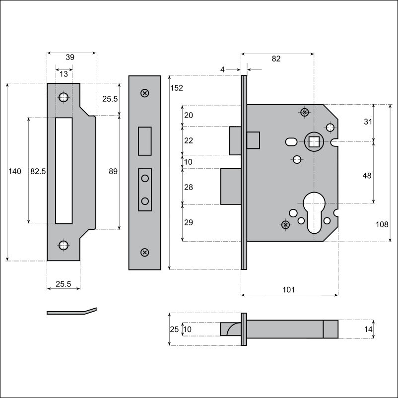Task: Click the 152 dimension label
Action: tap(176, 88)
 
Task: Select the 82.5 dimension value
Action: tap(38, 171)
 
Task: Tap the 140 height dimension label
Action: tap(15, 171)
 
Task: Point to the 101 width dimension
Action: tap(289, 290)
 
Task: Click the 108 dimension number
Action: tap(382, 224)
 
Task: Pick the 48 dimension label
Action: tap(367, 175)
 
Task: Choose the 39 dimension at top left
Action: tap(70, 57)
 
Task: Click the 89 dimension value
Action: tap(113, 171)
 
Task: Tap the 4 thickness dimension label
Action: tap(222, 69)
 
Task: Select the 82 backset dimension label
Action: tap(276, 59)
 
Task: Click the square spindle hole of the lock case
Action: tap(314, 142)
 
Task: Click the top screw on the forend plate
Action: tap(145, 93)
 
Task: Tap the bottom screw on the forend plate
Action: tap(145, 252)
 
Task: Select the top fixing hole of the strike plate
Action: tap(64, 97)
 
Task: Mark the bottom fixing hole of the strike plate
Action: tap(64, 245)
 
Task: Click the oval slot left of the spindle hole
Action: tap(291, 141)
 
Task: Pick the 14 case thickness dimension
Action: tap(368, 329)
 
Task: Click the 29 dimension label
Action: tap(189, 222)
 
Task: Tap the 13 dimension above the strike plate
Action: tap(64, 74)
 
